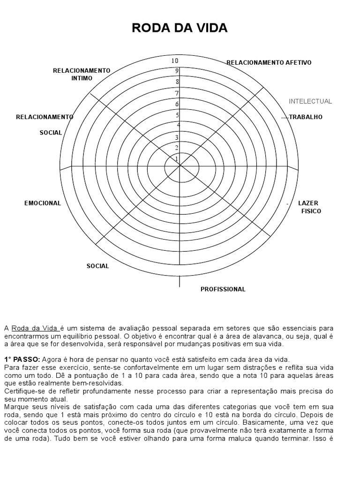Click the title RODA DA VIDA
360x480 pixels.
tap(180, 28)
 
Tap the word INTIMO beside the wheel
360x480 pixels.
tap(82, 78)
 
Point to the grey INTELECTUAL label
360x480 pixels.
tap(310, 101)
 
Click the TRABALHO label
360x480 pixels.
tap(306, 117)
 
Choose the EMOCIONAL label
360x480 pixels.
tap(43, 203)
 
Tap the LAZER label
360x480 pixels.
tap(308, 203)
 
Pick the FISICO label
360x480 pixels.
tap(311, 211)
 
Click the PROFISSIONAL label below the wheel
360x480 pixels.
tap(223, 289)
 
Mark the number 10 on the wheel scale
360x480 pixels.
tap(175, 61)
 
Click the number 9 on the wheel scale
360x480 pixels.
tap(177, 71)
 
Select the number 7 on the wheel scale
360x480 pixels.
tap(177, 93)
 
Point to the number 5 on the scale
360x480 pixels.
tap(177, 115)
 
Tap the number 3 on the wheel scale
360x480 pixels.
tap(177, 137)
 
